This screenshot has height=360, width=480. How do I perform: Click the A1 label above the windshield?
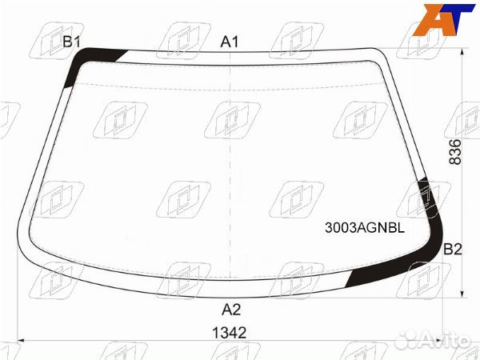coord(230,42)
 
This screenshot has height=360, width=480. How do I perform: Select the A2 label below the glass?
coord(231,310)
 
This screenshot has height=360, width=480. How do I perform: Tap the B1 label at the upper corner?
coord(72,42)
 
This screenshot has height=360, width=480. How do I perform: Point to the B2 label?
coord(453,249)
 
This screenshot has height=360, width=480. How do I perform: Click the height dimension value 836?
coord(454,151)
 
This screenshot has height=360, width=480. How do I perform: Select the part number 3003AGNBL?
coord(364,227)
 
